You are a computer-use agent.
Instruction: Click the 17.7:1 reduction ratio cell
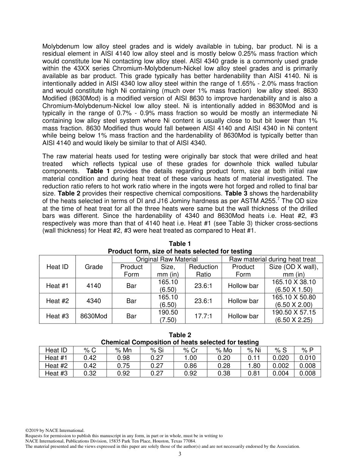(x=203, y=316)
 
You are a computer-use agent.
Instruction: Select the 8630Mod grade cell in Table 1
(x=94, y=316)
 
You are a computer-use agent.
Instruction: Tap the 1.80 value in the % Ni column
(x=254, y=366)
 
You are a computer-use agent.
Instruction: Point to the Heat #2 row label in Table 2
(x=56, y=366)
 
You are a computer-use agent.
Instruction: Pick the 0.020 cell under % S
(x=281, y=358)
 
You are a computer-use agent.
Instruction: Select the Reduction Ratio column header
(x=203, y=271)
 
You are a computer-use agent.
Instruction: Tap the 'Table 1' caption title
(x=180, y=244)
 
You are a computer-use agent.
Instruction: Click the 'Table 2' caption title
(x=180, y=335)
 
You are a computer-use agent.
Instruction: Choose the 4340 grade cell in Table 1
(x=94, y=301)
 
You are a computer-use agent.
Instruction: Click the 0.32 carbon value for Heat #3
(x=90, y=373)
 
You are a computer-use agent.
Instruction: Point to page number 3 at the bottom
(x=180, y=454)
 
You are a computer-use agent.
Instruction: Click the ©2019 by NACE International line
(x=55, y=430)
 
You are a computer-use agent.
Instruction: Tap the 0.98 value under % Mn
(x=124, y=358)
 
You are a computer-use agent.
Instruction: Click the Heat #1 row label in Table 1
(x=58, y=286)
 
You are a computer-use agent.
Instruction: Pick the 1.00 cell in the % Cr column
(x=190, y=358)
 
